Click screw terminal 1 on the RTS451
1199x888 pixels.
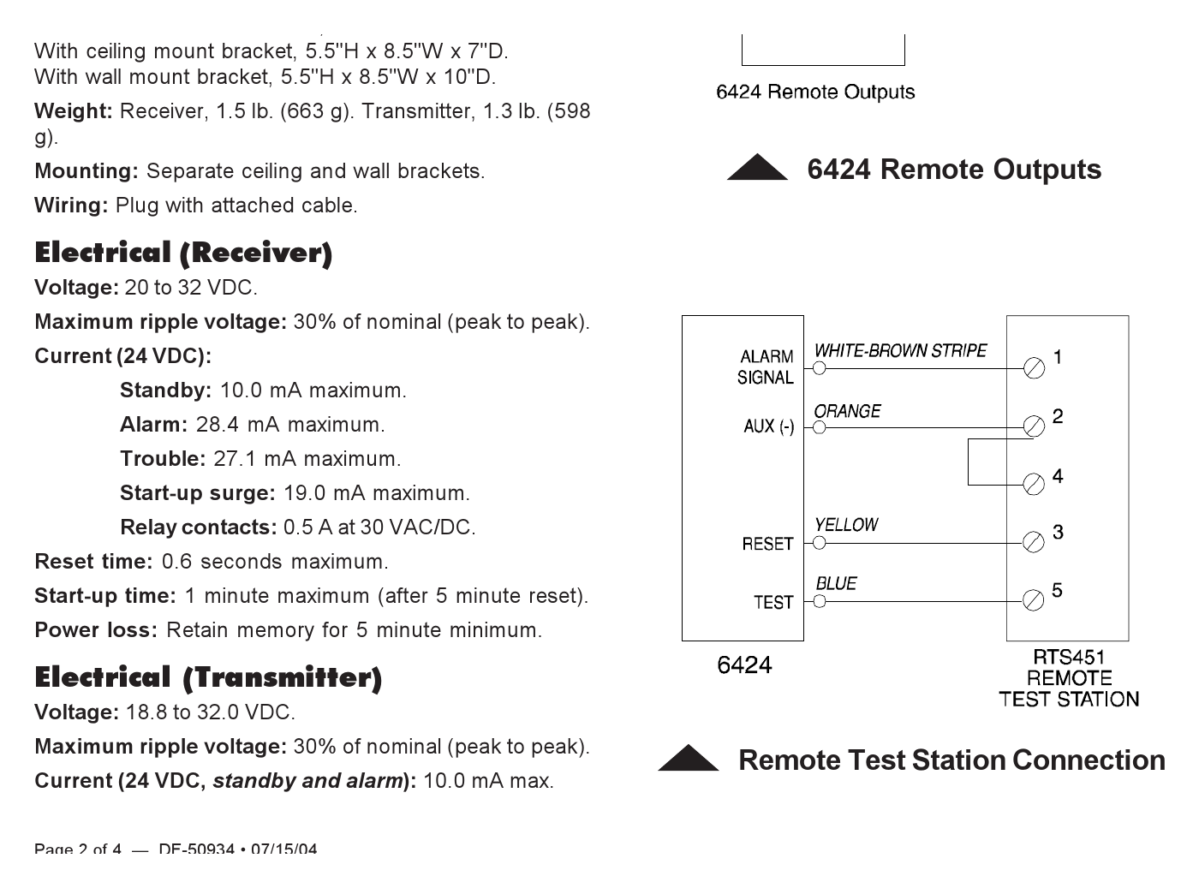coord(1034,368)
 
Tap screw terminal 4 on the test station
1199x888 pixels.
coord(1034,485)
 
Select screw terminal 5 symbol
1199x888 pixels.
coord(1033,600)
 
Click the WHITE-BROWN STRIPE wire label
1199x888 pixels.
coord(900,351)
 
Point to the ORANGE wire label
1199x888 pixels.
coord(847,411)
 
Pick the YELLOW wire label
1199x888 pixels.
coord(846,525)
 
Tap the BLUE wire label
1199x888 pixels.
coord(836,584)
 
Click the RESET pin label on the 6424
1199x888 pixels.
coord(767,544)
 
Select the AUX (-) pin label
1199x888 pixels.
coord(769,426)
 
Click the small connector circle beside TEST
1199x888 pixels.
coord(820,601)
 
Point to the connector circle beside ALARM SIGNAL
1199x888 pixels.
coord(820,368)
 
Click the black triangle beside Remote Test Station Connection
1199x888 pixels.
coord(689,758)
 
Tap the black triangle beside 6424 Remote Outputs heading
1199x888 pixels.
coord(757,167)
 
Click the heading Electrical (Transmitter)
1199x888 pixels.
coord(208,678)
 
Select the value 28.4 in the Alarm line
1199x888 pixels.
coord(217,425)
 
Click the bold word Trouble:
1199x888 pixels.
coord(163,459)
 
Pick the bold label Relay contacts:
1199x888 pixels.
coord(199,527)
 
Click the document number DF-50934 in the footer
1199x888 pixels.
coord(196,848)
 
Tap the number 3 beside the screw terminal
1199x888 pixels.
coord(1058,533)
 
